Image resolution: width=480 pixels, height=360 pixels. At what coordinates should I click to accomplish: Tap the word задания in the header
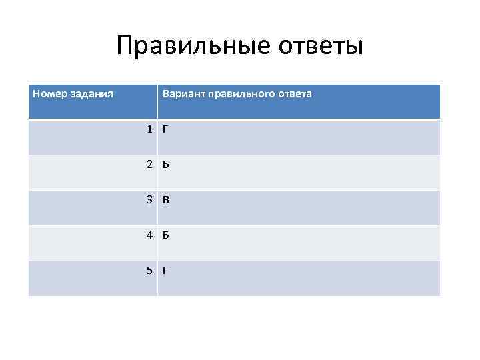(90, 94)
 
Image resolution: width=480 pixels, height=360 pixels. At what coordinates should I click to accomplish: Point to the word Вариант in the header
(183, 94)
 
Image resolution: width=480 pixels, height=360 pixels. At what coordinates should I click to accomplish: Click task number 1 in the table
(151, 129)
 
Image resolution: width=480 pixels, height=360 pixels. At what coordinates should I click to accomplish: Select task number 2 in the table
(151, 164)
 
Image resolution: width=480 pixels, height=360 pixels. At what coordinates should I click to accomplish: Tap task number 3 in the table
(151, 199)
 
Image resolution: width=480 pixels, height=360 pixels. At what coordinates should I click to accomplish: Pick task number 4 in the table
(151, 235)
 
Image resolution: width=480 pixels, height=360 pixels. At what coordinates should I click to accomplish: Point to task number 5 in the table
(151, 270)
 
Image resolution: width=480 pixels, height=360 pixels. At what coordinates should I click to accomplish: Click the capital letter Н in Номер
(36, 93)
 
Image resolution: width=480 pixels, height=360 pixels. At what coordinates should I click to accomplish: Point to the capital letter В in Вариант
(165, 94)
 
